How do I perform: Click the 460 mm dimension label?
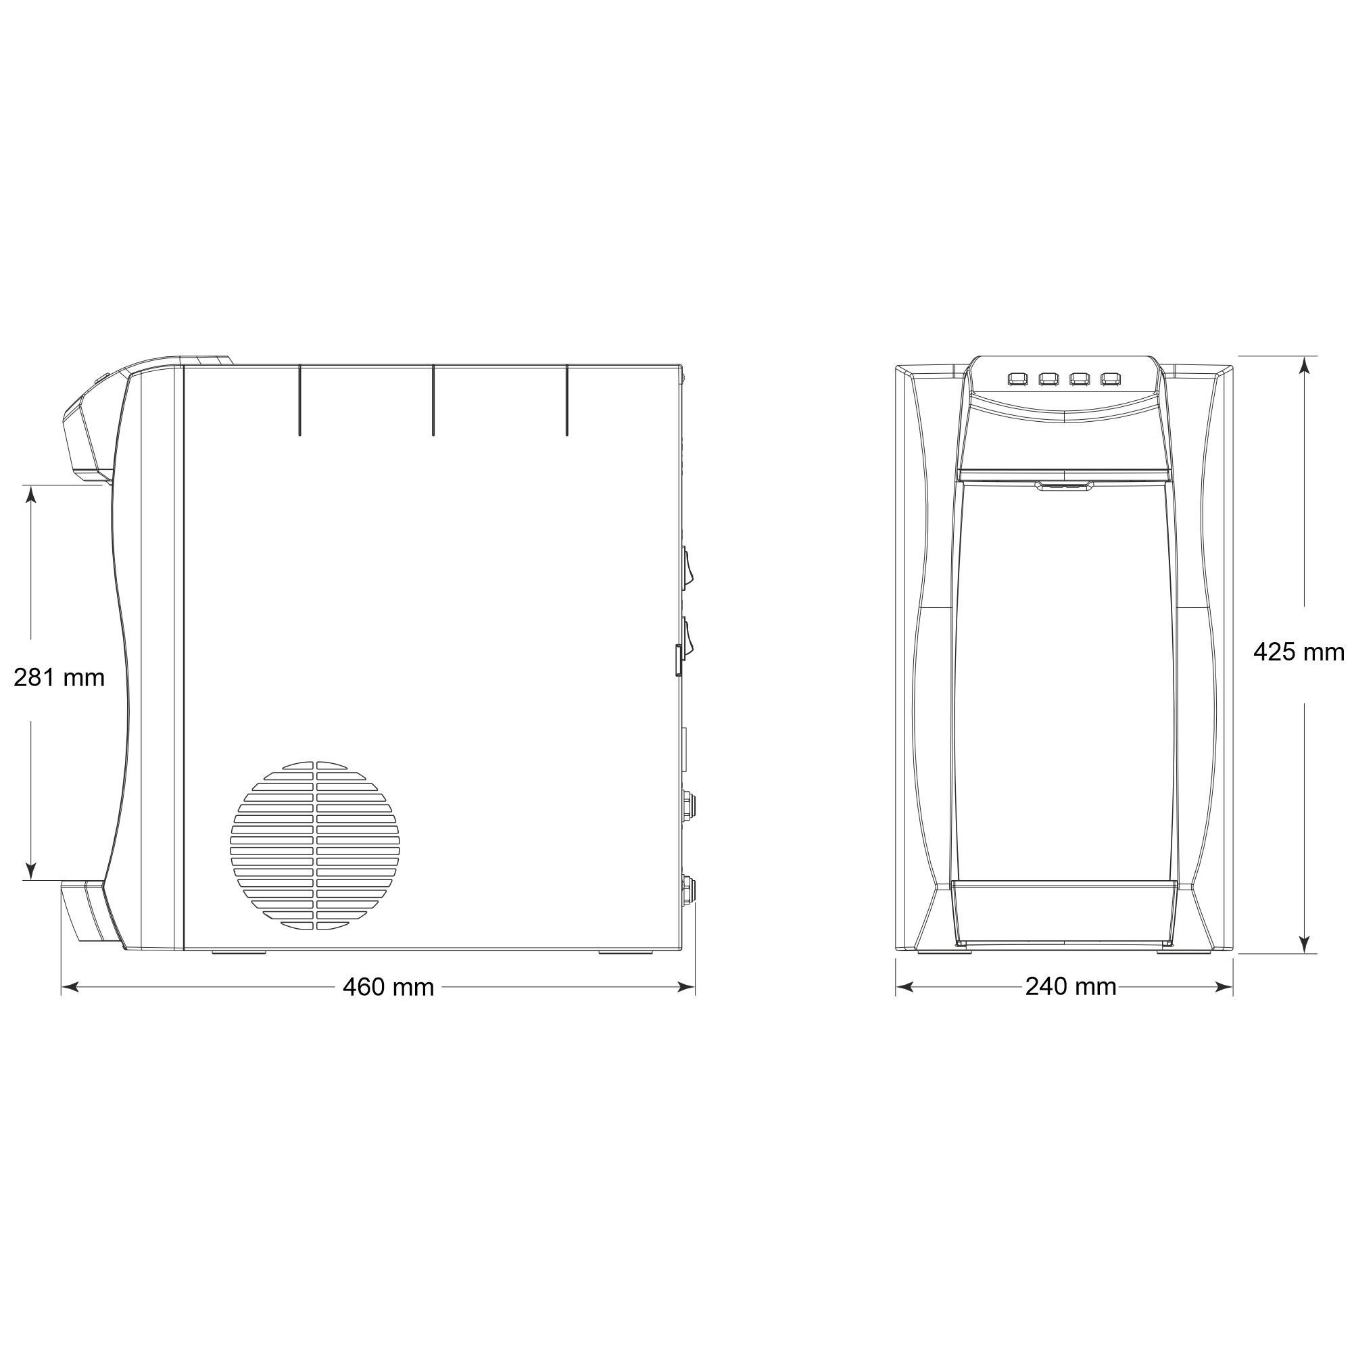pyautogui.click(x=389, y=988)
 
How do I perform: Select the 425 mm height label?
pyautogui.click(x=1298, y=652)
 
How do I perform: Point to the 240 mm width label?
pyautogui.click(x=1071, y=987)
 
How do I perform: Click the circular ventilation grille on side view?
pyautogui.click(x=316, y=846)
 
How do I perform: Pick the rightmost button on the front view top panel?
pyautogui.click(x=1110, y=379)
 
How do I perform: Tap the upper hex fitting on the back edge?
pyautogui.click(x=689, y=806)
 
